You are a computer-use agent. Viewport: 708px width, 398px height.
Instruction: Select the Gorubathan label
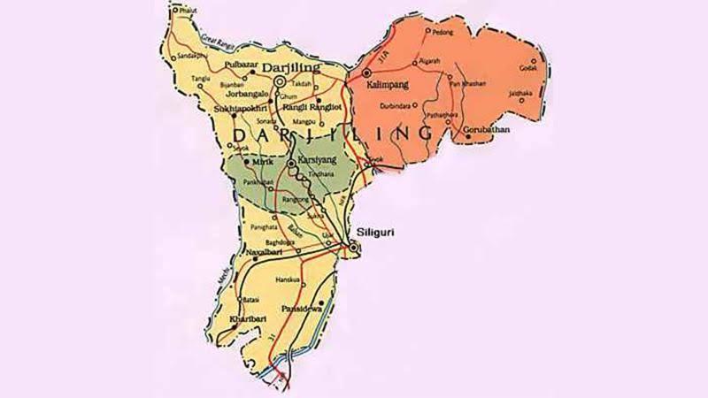pos(489,137)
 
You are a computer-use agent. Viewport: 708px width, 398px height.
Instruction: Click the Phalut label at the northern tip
pos(187,11)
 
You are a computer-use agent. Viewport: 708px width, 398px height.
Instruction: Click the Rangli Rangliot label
pos(310,108)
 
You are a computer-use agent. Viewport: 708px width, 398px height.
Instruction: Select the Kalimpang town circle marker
pos(366,73)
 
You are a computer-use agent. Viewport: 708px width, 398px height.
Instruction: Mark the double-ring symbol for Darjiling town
pos(281,81)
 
